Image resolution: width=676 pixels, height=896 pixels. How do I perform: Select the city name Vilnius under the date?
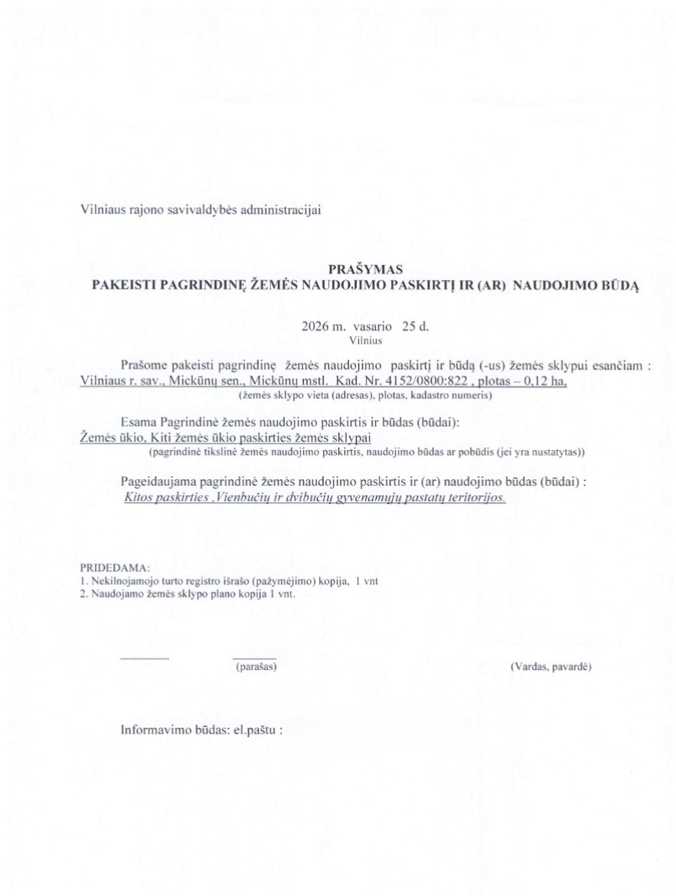(x=365, y=338)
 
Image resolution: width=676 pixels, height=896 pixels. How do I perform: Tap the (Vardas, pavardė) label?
(x=550, y=667)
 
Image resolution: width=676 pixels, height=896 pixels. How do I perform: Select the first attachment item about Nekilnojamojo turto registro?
(x=230, y=580)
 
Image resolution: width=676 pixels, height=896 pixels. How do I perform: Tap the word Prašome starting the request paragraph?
(x=143, y=366)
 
